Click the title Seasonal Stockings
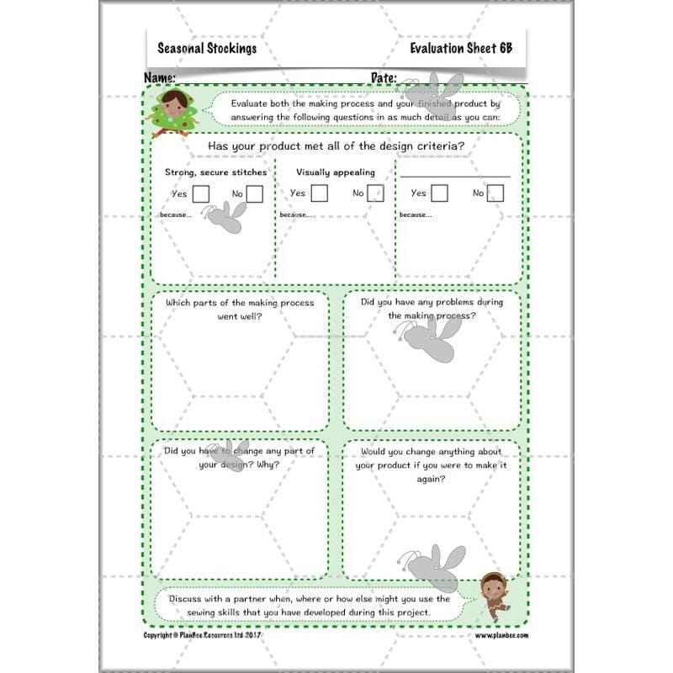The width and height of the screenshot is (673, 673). [x=207, y=48]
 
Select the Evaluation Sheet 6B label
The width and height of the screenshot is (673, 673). [x=461, y=48]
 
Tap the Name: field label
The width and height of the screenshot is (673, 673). [x=160, y=77]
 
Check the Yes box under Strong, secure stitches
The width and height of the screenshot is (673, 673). [x=201, y=194]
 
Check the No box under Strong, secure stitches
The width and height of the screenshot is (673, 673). [x=254, y=194]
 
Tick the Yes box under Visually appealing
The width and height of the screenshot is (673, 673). [x=320, y=193]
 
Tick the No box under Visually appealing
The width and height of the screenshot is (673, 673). [x=375, y=193]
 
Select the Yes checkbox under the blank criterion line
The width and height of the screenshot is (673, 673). [x=439, y=193]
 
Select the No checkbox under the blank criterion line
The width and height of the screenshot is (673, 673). [x=495, y=193]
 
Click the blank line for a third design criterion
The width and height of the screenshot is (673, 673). [x=454, y=176]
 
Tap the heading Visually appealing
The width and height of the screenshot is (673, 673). [x=336, y=172]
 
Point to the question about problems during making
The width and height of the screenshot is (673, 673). [x=432, y=309]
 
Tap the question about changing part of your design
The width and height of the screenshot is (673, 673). [x=240, y=458]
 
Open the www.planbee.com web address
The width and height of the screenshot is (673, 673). [x=501, y=636]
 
